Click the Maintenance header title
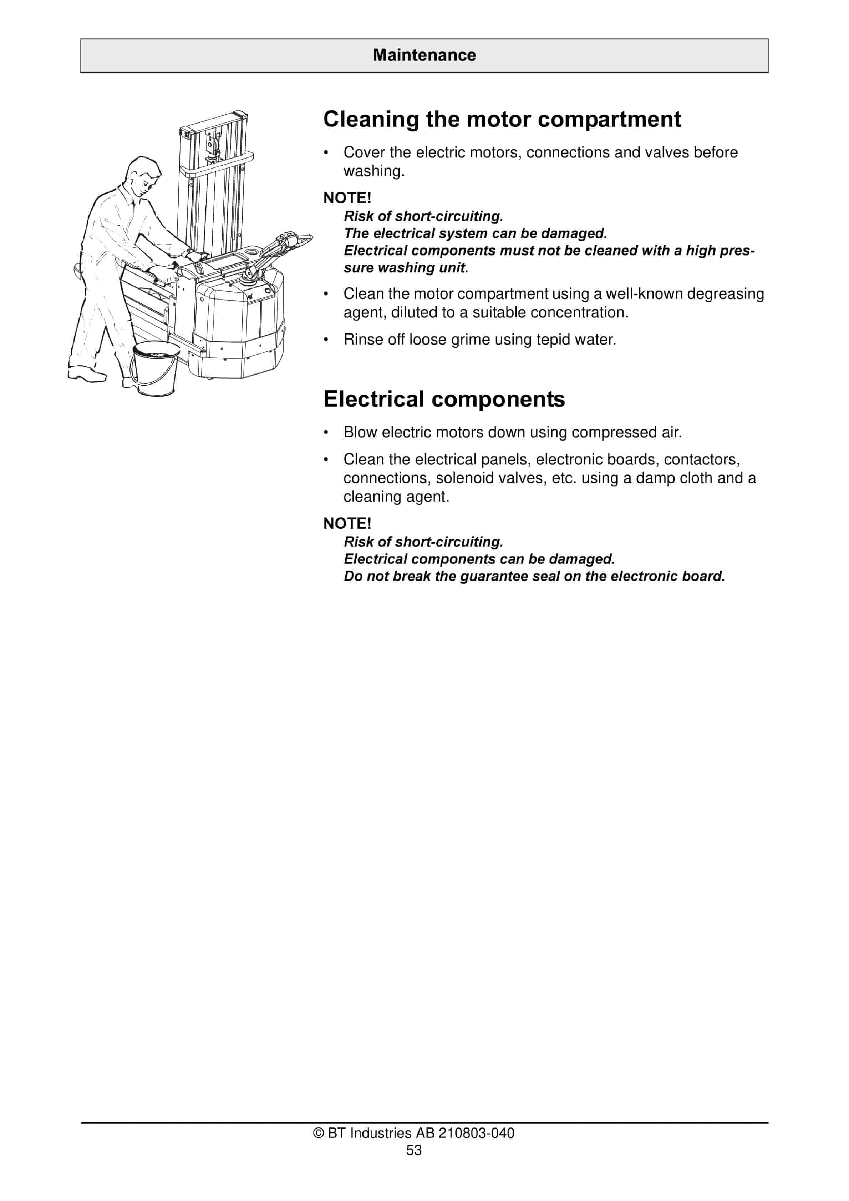tap(424, 55)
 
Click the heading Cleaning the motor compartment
tap(502, 119)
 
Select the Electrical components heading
tap(444, 399)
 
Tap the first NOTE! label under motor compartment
tap(347, 198)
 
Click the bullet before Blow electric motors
tap(326, 433)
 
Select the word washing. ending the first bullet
tap(374, 171)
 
